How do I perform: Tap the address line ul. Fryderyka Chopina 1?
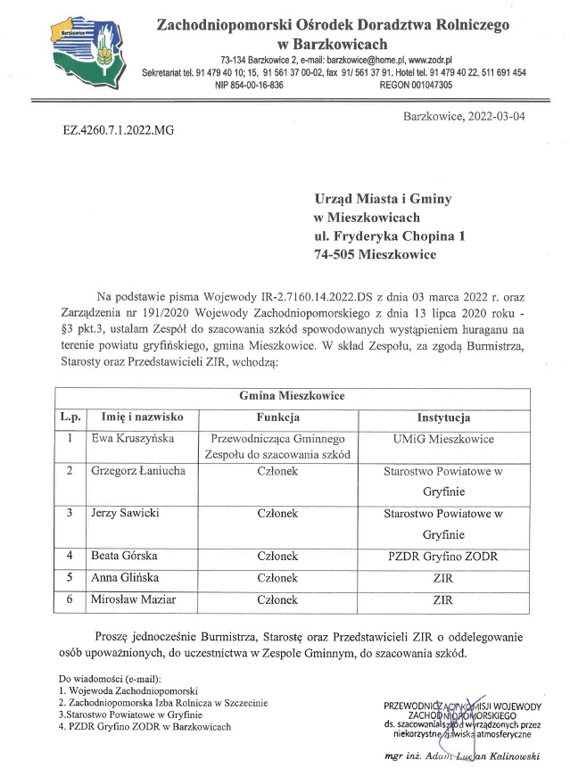tap(390, 236)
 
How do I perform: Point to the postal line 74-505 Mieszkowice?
tap(375, 255)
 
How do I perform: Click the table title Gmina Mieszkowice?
tap(291, 395)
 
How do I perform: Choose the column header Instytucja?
tap(443, 417)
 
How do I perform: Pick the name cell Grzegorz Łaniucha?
tap(139, 470)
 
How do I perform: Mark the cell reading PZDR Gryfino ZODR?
tap(443, 557)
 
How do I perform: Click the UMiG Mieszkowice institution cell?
tap(443, 439)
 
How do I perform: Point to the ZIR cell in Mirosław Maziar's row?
tap(443, 600)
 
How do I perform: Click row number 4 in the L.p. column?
tap(70, 557)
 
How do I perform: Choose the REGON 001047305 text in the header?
tap(416, 86)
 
